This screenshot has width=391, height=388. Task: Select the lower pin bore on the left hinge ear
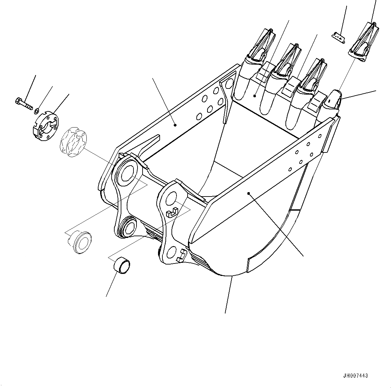tap(128, 228)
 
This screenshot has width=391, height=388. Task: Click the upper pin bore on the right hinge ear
tap(172, 199)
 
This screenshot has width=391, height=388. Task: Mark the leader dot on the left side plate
tap(175, 125)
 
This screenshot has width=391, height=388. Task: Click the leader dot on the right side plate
tap(248, 193)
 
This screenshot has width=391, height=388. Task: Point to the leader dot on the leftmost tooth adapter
tap(255, 96)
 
